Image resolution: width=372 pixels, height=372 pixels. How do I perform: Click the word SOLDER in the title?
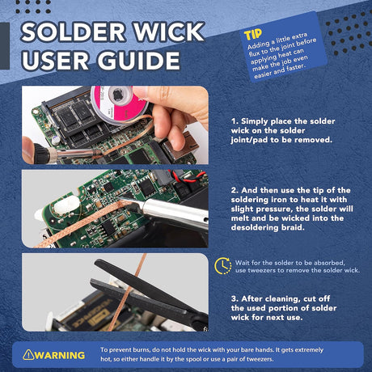click(74, 32)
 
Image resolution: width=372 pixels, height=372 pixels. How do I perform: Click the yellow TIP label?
click(252, 36)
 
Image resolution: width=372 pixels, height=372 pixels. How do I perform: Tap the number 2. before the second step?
click(235, 190)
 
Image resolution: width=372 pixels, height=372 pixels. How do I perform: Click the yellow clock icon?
click(222, 267)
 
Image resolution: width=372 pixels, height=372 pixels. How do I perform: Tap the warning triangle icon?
click(28, 354)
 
